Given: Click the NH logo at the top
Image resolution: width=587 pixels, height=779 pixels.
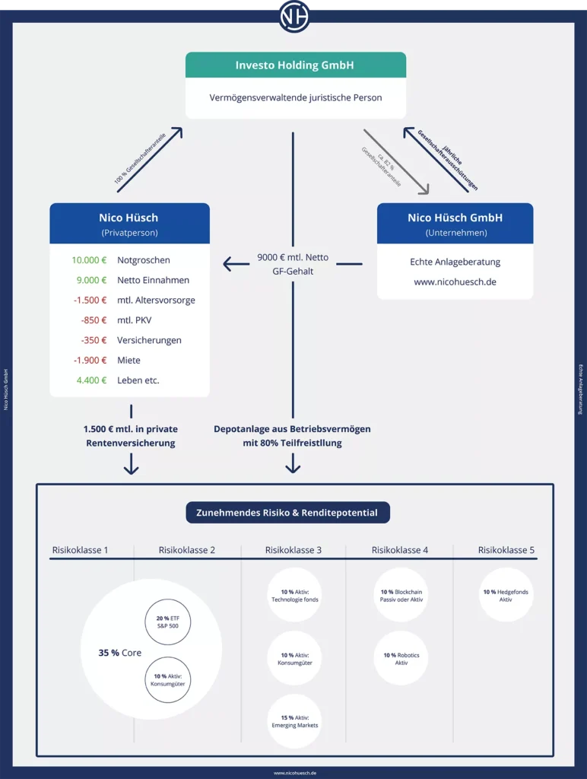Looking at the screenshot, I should tap(294, 16).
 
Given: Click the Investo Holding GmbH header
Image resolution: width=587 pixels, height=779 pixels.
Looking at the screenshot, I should tap(295, 65).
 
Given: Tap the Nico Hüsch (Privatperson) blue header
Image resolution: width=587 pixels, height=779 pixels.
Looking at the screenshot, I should tap(129, 224).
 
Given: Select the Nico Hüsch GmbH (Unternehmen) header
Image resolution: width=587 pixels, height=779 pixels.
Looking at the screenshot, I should tap(455, 224).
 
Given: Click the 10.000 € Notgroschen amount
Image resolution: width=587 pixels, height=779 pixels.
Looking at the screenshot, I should tap(89, 260).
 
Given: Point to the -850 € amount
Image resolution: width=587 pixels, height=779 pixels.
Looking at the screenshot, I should tap(94, 320).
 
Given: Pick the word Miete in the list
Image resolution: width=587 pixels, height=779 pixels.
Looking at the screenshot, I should tap(129, 361).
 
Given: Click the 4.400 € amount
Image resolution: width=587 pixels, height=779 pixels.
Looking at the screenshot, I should tap(90, 380).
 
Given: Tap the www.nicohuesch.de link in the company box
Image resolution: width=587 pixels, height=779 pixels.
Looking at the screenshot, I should tap(455, 282).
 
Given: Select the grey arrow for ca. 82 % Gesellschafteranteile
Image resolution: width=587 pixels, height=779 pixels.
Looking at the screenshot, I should tap(395, 161).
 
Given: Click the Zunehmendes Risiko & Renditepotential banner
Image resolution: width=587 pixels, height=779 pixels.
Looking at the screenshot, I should tap(287, 513).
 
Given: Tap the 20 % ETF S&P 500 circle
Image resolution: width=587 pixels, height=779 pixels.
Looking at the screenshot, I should tap(167, 622).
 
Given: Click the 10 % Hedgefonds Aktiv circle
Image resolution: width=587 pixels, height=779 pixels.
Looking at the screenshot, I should tap(506, 595).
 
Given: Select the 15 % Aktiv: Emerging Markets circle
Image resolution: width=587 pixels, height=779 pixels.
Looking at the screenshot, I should tap(294, 721).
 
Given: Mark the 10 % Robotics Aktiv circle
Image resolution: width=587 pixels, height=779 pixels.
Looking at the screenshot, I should tap(401, 658).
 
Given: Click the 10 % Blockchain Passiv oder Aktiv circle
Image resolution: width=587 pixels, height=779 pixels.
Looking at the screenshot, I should tap(401, 595).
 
